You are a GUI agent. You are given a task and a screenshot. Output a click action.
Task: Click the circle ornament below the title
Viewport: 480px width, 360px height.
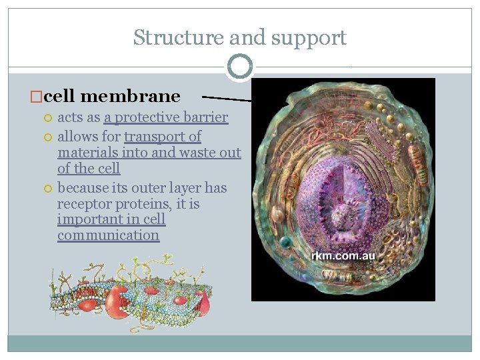pyautogui.click(x=239, y=66)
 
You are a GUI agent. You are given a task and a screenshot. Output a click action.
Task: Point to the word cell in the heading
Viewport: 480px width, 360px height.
pyautogui.click(x=59, y=96)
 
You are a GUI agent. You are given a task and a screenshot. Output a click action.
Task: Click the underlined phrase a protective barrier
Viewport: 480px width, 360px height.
pyautogui.click(x=166, y=118)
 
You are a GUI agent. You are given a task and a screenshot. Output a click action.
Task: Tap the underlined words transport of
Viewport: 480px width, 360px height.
pyautogui.click(x=163, y=137)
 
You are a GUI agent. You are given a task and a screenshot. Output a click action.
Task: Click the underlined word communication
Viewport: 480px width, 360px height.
pyautogui.click(x=108, y=235)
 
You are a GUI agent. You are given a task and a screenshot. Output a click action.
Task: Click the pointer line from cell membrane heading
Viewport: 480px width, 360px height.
pyautogui.click(x=227, y=97)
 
